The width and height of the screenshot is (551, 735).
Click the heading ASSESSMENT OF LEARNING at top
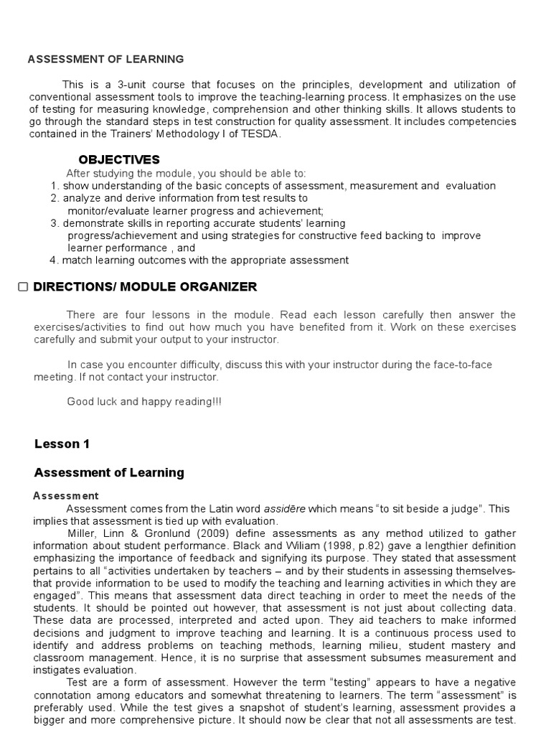(105, 60)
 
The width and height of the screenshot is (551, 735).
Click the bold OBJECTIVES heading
(118, 159)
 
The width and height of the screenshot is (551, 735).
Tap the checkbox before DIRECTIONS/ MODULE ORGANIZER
(23, 287)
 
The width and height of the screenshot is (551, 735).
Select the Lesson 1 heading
(62, 444)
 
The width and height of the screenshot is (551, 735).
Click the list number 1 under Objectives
(55, 186)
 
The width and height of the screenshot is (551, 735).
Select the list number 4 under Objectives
(55, 261)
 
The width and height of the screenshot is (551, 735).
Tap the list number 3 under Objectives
(55, 223)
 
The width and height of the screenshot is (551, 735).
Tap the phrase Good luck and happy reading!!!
(144, 402)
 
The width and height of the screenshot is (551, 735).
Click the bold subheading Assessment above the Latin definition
(66, 496)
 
